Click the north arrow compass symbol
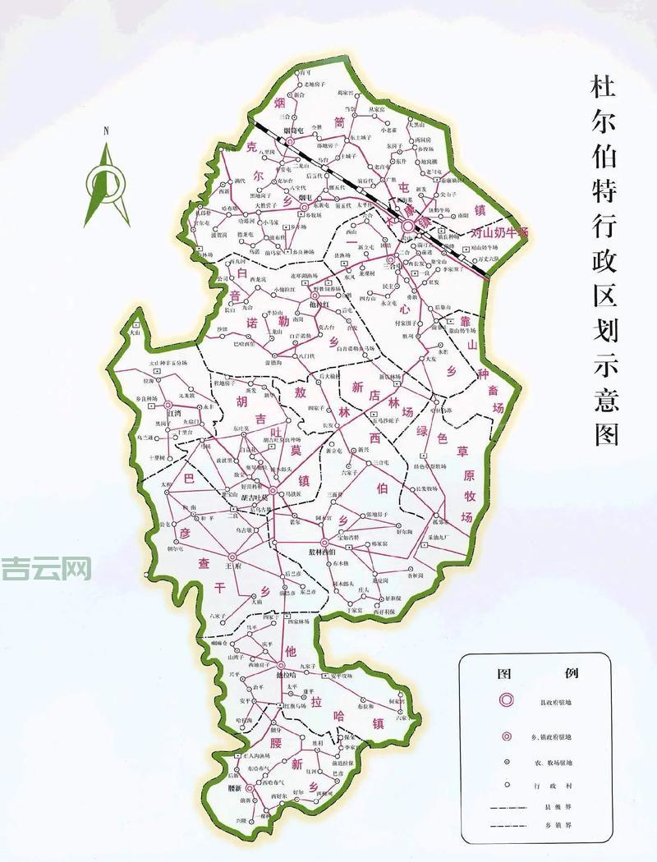pos(107,185)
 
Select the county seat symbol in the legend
pos(507,700)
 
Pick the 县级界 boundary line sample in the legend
pos(507,809)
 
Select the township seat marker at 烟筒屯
pos(291,140)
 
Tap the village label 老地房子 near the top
pos(315,85)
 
